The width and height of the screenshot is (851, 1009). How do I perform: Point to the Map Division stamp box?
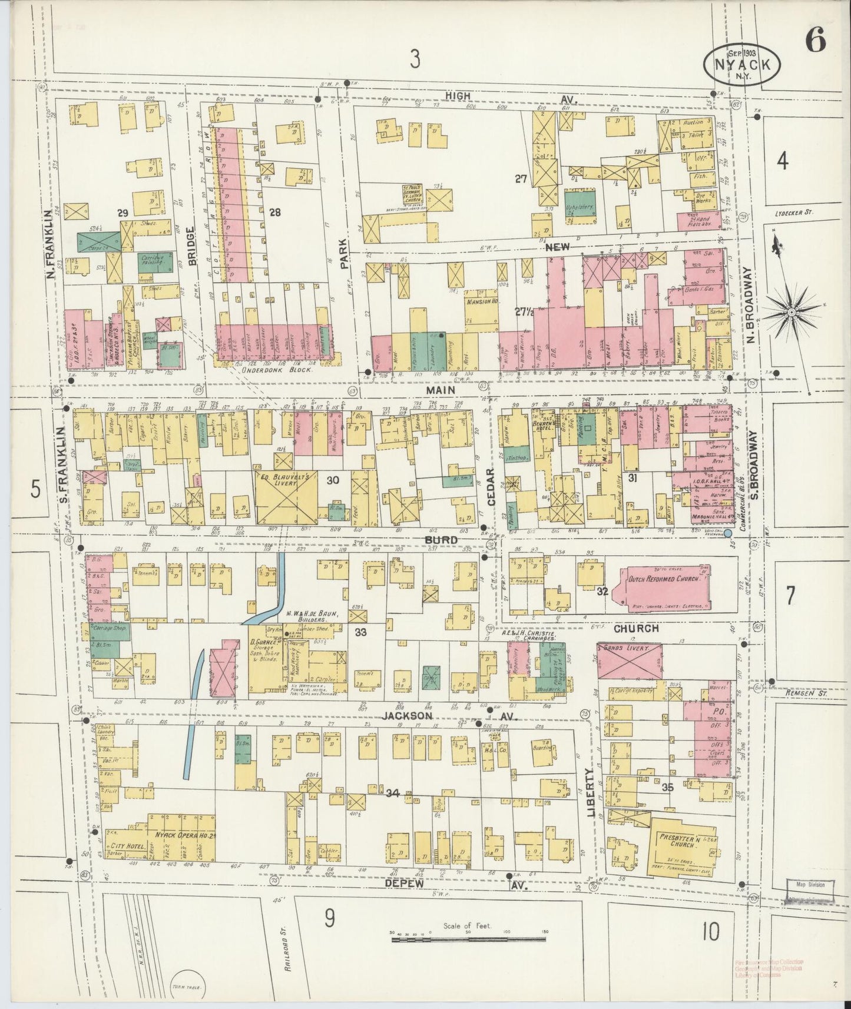pyautogui.click(x=810, y=889)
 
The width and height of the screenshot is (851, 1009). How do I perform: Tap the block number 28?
pyautogui.click(x=274, y=213)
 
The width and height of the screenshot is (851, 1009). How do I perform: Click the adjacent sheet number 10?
pyautogui.click(x=710, y=932)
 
